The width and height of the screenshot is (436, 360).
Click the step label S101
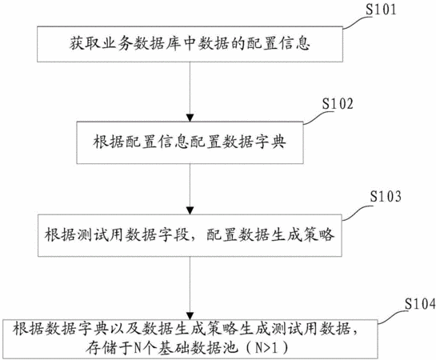tap(380, 9)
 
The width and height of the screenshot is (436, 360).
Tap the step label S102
tap(338, 104)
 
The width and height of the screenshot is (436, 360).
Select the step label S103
tap(386, 197)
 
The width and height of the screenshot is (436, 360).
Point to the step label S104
tap(420, 305)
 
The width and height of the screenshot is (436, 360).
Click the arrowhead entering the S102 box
tap(190, 118)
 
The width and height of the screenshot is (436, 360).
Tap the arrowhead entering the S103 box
tap(190, 210)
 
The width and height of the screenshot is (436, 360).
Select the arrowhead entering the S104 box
tap(190, 316)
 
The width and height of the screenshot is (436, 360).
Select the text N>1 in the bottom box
tap(266, 348)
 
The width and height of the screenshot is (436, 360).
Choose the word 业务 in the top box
tap(117, 44)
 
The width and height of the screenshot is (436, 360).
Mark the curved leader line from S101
tap(358, 22)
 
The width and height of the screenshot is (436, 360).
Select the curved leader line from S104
tap(393, 317)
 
